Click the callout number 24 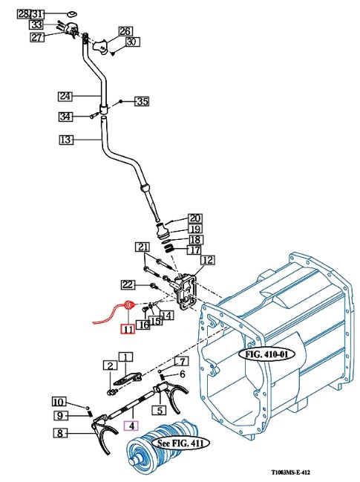point(65,96)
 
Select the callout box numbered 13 point(65,139)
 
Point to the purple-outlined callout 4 point(131,426)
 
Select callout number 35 point(142,101)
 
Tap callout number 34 point(66,117)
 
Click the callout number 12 point(207,260)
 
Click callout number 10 point(59,402)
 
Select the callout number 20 point(194,218)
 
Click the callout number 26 point(124,31)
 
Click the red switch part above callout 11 point(128,304)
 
